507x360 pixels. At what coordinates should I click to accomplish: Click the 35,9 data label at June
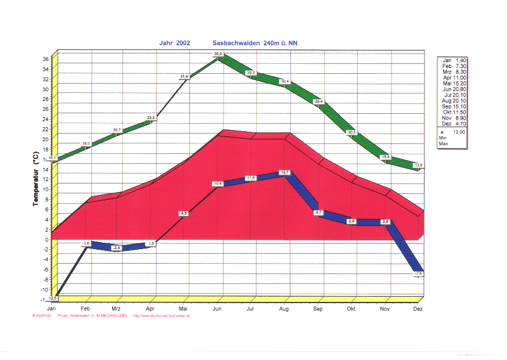click(218, 54)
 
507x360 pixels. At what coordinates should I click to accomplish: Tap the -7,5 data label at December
click(419, 273)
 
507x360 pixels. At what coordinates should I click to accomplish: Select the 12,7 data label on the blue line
click(284, 172)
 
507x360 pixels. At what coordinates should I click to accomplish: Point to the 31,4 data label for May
click(184, 76)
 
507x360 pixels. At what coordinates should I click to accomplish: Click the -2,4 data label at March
click(116, 248)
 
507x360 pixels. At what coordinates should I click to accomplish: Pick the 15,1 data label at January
click(52, 158)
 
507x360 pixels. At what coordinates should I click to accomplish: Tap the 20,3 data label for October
click(352, 132)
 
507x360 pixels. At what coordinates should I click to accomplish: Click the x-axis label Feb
click(85, 308)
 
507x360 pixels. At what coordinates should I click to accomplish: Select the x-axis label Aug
click(284, 308)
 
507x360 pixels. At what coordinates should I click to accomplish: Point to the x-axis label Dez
click(417, 308)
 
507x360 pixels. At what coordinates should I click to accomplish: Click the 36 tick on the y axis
click(46, 59)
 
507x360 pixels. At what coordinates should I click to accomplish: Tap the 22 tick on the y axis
click(46, 129)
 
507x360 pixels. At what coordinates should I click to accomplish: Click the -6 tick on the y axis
click(45, 269)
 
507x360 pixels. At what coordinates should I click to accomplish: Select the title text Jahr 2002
click(174, 43)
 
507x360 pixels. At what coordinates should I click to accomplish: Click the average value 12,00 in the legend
click(459, 132)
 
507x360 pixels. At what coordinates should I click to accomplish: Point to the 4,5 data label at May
click(184, 214)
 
